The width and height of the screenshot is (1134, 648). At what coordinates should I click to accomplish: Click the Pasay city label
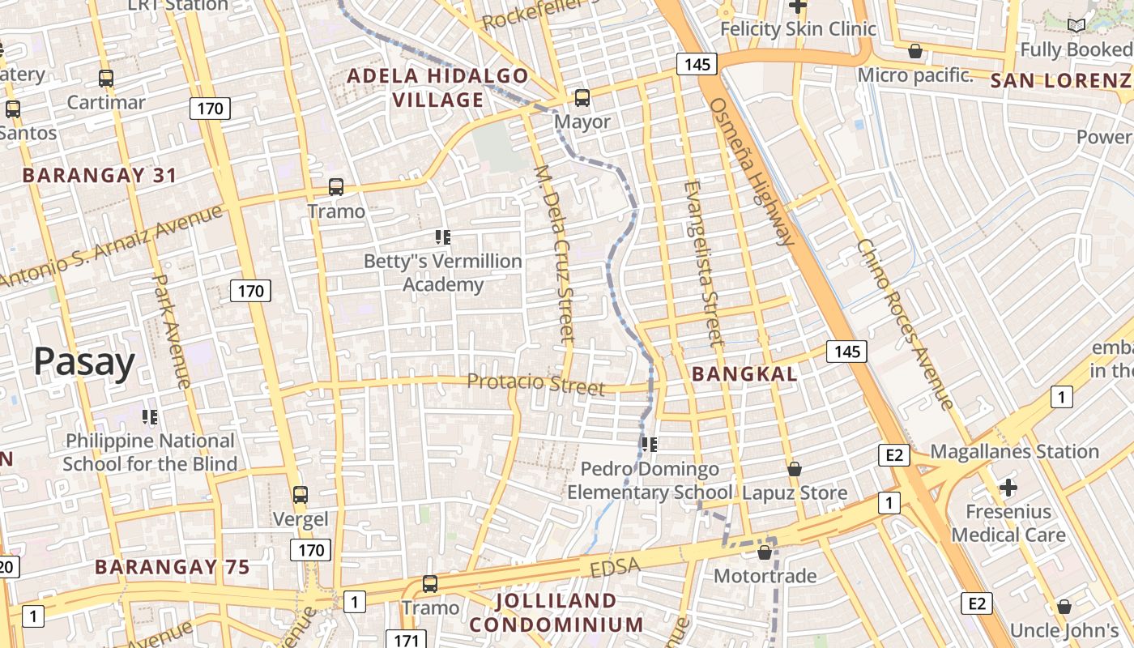83,362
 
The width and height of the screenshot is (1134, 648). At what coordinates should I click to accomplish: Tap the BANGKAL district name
745,374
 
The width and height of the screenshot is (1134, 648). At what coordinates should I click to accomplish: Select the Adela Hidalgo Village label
438,88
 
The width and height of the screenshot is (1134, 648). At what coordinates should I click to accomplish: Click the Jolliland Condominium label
556,612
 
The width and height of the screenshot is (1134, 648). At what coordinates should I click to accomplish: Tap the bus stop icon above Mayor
582,99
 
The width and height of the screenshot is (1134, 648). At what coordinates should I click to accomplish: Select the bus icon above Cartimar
106,79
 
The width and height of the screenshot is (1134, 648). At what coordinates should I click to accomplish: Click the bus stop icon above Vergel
301,495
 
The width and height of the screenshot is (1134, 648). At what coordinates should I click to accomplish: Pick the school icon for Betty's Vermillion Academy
443,237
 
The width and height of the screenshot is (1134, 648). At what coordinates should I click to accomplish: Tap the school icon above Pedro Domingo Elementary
649,444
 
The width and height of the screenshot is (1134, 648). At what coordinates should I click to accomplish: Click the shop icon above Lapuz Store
795,469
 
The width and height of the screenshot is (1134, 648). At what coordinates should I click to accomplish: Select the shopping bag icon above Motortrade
764,553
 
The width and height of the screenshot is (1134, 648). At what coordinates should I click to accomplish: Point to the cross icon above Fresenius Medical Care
1008,488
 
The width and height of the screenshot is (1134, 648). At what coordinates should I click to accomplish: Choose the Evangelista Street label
702,263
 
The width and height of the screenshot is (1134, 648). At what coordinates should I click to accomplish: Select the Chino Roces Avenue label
905,323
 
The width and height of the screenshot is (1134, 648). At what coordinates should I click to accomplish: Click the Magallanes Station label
1015,451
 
